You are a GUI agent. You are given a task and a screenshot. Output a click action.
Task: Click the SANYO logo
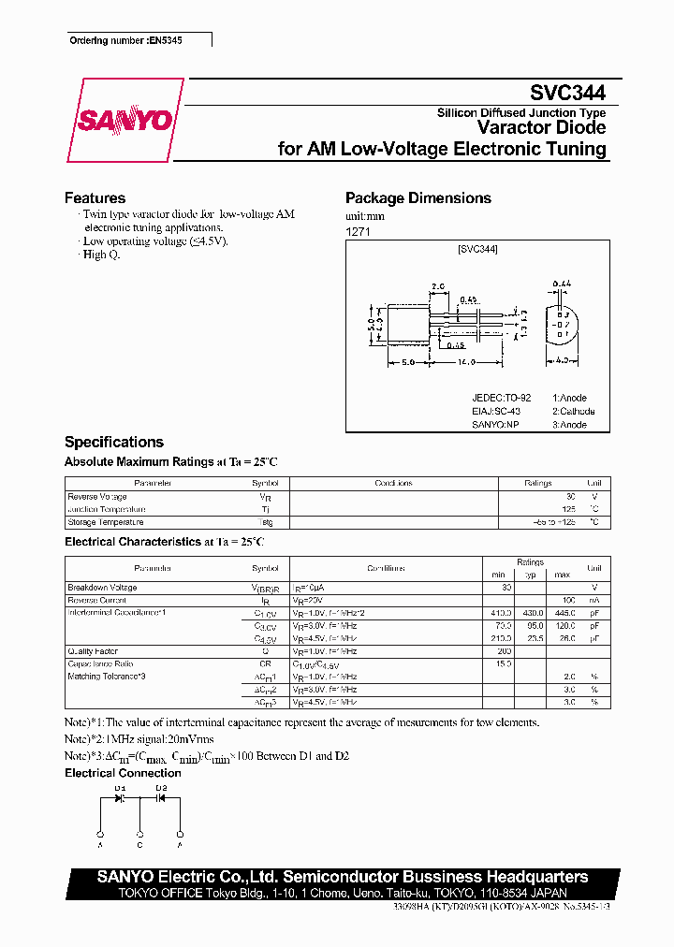(125, 120)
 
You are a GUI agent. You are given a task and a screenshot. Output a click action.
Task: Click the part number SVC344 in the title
(567, 93)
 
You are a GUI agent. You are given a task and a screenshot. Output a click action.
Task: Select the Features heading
(95, 198)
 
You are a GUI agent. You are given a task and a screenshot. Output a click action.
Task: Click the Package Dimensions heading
(418, 198)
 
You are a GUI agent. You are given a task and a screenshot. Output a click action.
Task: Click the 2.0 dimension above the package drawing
(438, 286)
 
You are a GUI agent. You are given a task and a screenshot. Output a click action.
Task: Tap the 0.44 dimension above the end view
(562, 283)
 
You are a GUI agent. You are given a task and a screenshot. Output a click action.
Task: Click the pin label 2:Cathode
(573, 411)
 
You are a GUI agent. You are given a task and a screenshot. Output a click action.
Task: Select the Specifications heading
(113, 442)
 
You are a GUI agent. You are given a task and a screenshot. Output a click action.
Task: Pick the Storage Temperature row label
(106, 522)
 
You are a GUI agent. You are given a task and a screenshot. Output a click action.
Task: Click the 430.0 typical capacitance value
(533, 612)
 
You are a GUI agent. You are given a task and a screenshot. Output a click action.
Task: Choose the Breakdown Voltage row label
(102, 588)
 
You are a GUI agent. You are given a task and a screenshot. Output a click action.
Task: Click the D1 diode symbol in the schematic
(121, 799)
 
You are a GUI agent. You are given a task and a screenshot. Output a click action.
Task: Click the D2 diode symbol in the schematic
(160, 799)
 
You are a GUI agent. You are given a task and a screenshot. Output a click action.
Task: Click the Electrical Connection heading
(123, 773)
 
